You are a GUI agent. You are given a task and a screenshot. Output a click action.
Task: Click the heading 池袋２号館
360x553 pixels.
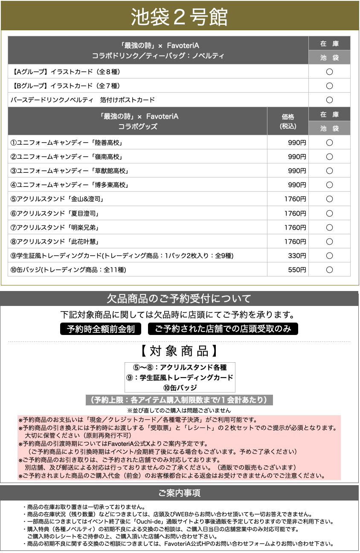click(179, 17)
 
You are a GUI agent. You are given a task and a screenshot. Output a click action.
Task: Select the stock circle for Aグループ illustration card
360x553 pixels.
click(329, 72)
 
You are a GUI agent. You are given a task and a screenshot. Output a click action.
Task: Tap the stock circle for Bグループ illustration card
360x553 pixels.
click(329, 86)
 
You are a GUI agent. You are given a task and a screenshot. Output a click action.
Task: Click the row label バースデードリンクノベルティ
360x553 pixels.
click(83, 100)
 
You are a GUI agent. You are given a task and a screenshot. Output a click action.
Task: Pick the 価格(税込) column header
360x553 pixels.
click(288, 121)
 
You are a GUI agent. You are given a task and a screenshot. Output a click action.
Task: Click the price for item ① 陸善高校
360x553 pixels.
click(297, 143)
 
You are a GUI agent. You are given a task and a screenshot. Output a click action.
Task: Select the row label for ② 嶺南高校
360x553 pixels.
click(69, 157)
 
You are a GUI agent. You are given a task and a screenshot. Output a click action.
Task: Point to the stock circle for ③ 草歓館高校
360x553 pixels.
click(329, 171)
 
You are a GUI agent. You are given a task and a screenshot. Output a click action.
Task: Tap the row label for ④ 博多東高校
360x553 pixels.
click(69, 185)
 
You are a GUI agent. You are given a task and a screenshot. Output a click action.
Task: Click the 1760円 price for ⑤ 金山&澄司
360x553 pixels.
click(295, 199)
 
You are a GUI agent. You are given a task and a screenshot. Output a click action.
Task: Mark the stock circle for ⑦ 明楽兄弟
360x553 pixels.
click(329, 227)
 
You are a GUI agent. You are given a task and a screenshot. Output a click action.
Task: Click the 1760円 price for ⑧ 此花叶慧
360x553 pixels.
click(295, 242)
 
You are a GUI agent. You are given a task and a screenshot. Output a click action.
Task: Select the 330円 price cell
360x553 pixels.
click(297, 256)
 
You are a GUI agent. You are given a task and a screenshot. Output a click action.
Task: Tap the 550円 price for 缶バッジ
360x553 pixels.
click(297, 270)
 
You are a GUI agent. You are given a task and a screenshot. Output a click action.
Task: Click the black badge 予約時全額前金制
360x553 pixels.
click(101, 329)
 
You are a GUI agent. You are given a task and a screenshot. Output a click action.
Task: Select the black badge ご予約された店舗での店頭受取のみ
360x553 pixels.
click(223, 329)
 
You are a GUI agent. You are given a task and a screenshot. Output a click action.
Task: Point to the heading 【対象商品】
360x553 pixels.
click(179, 351)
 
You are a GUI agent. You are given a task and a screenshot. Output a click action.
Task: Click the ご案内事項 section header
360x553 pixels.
click(179, 493)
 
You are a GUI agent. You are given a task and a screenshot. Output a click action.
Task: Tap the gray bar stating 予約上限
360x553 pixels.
click(179, 400)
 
